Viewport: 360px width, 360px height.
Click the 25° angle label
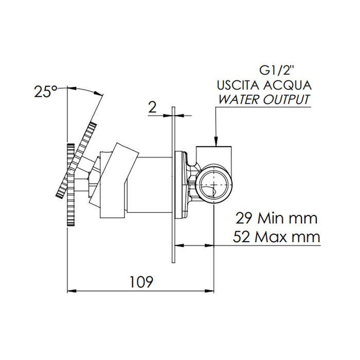(x=45, y=92)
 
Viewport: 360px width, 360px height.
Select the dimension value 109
(x=141, y=282)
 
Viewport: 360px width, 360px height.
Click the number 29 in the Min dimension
(x=244, y=218)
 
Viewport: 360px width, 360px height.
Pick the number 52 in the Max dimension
(x=245, y=237)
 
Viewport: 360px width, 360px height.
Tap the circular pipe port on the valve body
(x=213, y=184)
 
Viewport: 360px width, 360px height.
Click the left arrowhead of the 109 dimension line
(x=72, y=291)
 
